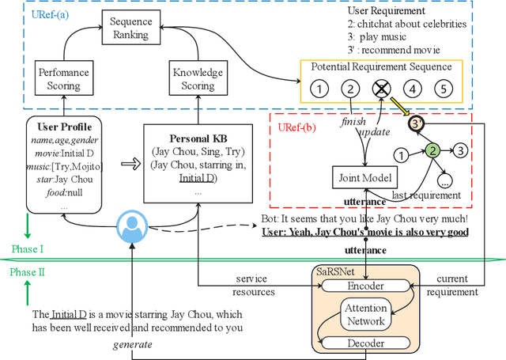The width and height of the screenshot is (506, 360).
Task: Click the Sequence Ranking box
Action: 130,29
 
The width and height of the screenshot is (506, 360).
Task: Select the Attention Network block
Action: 365,315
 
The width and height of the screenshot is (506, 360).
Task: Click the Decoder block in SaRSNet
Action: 365,343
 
